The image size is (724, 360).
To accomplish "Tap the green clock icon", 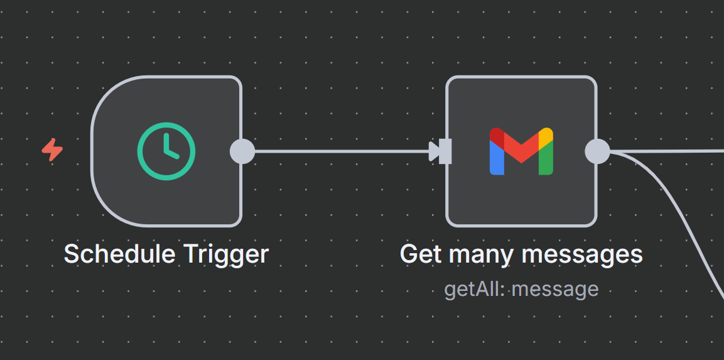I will pyautogui.click(x=166, y=151).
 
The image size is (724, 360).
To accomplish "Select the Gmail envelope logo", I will pyautogui.click(x=521, y=151).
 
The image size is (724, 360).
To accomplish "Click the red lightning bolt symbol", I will pyautogui.click(x=53, y=150).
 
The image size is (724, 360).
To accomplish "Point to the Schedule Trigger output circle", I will pyautogui.click(x=242, y=151).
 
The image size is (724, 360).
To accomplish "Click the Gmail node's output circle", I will pyautogui.click(x=597, y=151).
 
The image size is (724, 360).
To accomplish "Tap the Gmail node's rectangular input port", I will pyautogui.click(x=445, y=151).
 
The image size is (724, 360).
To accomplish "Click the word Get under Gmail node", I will pyautogui.click(x=421, y=254).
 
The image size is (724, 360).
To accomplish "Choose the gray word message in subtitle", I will pyautogui.click(x=555, y=290).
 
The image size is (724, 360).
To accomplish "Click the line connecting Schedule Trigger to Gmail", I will pyautogui.click(x=339, y=151).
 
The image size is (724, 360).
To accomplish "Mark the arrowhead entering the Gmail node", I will pyautogui.click(x=434, y=151).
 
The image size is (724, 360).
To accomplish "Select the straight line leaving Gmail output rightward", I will pyautogui.click(x=672, y=151).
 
